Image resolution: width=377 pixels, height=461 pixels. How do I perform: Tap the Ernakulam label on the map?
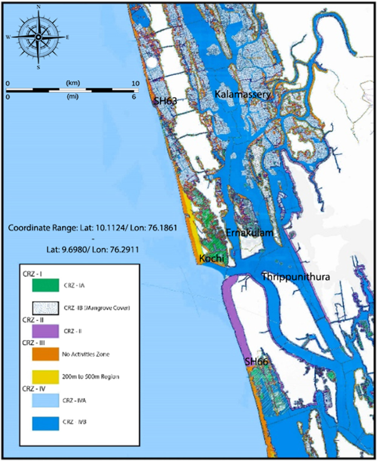point(249,233)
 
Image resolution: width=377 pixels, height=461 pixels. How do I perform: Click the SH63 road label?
point(165,101)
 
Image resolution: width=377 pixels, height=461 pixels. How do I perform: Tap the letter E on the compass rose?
point(68,37)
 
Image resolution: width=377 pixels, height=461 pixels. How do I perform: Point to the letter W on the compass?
point(8,37)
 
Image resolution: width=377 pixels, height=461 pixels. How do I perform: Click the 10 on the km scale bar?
point(135,83)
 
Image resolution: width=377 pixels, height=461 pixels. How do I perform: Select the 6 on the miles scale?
point(133,97)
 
